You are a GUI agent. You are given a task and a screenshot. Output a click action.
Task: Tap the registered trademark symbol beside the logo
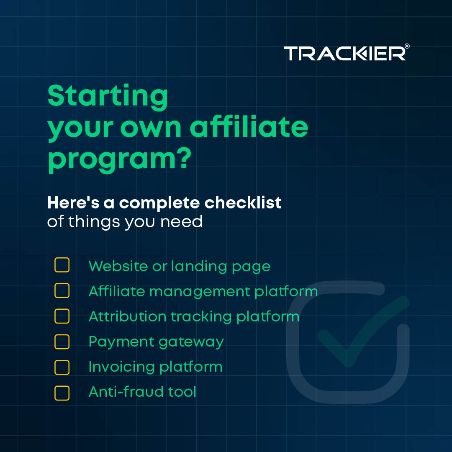click(407, 47)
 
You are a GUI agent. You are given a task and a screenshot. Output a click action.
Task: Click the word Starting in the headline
click(108, 97)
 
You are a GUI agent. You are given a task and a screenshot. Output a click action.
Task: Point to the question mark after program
click(182, 159)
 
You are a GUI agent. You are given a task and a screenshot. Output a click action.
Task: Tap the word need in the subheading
click(185, 221)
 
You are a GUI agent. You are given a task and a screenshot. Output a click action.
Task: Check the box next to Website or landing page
click(62, 265)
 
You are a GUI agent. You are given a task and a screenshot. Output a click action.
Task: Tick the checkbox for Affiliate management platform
click(62, 290)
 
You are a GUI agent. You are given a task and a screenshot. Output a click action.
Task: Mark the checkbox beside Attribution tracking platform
click(62, 316)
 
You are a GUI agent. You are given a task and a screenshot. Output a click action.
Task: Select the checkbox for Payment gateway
click(62, 342)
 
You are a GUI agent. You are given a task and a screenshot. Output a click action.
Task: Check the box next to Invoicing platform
click(62, 367)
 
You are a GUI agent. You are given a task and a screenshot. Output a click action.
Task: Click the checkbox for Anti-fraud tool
click(62, 393)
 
